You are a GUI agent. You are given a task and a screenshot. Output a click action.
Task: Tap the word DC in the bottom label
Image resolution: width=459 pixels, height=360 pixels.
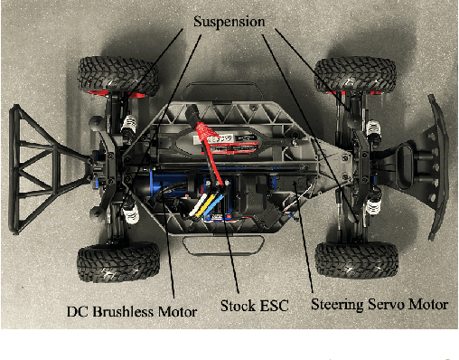coord(79,311)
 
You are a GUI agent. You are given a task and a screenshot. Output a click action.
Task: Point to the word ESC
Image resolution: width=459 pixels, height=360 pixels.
coord(274,306)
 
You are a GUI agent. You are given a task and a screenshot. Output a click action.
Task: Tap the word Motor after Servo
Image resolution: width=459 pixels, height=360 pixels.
coord(428,306)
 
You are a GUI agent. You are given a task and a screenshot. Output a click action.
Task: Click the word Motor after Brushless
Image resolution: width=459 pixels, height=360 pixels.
coord(177,311)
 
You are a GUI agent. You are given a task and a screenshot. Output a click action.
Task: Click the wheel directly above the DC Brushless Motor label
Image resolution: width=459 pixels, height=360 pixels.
coord(107,261)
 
